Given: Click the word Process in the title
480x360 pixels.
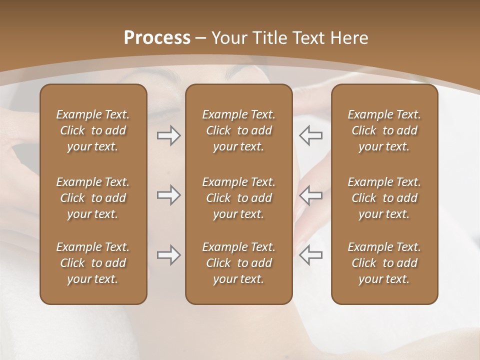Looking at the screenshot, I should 157,38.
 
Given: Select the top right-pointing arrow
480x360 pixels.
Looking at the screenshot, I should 168,135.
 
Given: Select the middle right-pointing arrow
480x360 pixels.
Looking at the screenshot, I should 168,195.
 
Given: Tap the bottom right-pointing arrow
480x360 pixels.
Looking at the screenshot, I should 168,255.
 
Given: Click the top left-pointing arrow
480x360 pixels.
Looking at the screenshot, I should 311,135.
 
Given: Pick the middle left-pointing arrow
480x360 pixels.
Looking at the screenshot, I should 311,195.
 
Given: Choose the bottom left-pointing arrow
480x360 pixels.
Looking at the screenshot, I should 311,255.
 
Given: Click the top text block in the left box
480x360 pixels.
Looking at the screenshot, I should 93,130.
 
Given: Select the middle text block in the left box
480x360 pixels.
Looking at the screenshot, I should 93,198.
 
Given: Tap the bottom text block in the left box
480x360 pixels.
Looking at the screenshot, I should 93,263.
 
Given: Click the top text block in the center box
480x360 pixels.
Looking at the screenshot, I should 238,130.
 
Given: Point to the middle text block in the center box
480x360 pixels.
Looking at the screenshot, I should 238,198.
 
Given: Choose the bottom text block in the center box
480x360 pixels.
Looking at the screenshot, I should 238,263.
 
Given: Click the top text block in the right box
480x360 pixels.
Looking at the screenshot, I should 384,130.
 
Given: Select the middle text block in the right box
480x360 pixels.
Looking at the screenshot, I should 384,198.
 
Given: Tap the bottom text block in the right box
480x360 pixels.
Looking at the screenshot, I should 384,263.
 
